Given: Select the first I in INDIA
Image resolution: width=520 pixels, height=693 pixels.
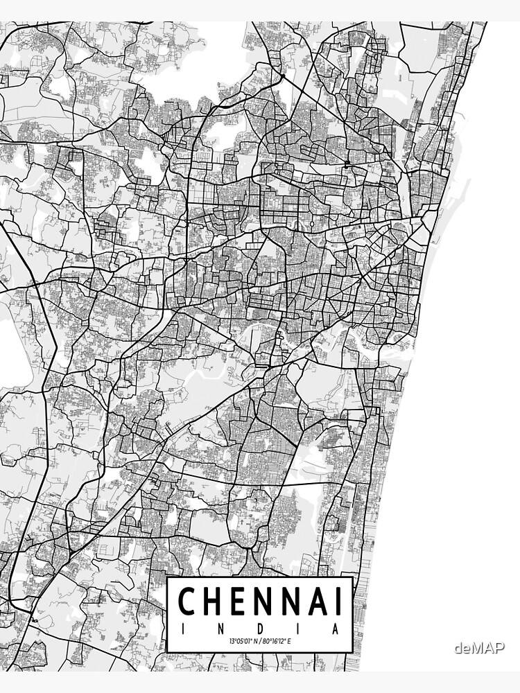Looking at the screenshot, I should coord(182,629).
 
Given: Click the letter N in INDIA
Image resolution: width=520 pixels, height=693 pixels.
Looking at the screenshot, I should coord(220,629).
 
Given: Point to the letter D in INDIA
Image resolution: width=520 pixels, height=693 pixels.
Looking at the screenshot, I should coord(259,629).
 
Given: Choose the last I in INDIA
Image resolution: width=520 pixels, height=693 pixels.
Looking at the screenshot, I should coord(299,629).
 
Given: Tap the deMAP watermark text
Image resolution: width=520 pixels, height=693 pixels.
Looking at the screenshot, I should coord(479,649).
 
